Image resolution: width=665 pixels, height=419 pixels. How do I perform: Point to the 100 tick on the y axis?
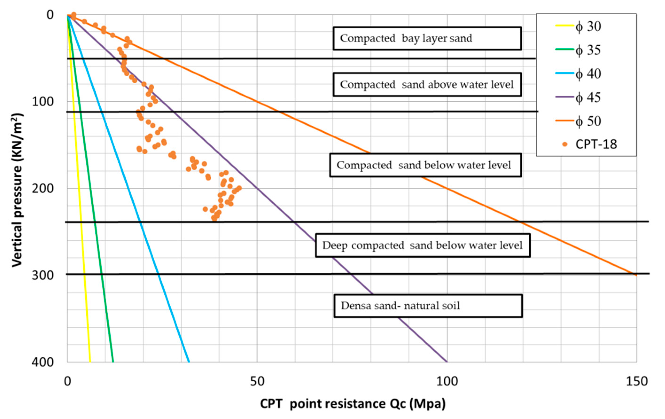coord(43,102)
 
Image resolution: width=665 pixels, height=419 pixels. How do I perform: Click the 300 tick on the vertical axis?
coord(43,275)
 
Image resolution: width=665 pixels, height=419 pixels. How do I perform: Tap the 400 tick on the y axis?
coord(43,362)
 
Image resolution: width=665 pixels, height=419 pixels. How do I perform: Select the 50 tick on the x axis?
coord(257,381)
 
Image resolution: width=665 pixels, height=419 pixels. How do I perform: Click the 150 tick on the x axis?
coord(637,381)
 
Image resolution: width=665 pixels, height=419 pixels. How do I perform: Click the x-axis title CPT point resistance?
coord(353,404)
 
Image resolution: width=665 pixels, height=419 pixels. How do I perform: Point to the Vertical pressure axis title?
coord(17,190)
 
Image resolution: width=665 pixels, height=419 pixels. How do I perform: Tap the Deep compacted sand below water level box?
coord(423,245)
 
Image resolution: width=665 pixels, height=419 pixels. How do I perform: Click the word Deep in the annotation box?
coord(335,245)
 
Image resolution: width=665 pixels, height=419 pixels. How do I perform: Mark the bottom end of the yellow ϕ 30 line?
coord(90,361)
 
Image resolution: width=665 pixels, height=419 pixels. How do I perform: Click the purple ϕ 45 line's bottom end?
coord(447,361)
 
